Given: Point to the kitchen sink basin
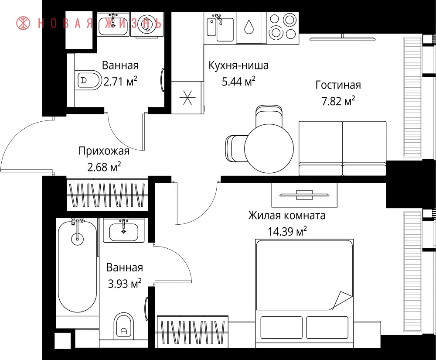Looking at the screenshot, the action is [x=225, y=30].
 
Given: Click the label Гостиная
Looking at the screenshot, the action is [x=338, y=85].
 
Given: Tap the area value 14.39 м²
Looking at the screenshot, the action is [x=287, y=231].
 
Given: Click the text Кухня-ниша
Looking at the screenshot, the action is [x=238, y=65].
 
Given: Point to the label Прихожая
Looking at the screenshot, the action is [x=104, y=151].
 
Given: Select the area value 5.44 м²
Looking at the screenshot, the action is [x=238, y=82].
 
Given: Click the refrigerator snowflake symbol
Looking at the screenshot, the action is [x=187, y=97].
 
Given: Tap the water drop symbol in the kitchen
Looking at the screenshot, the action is [x=249, y=27].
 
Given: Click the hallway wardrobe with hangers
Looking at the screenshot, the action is [x=107, y=195].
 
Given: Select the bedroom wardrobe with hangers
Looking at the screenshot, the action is [x=192, y=332].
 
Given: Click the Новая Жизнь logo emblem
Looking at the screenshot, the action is [x=24, y=23].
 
